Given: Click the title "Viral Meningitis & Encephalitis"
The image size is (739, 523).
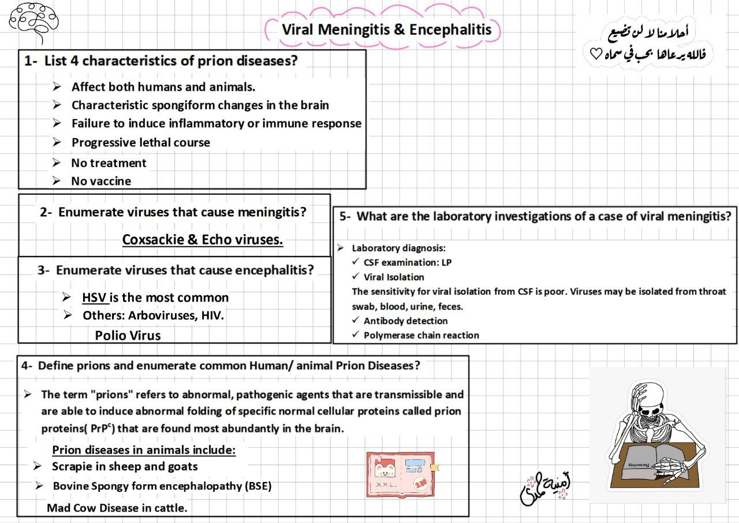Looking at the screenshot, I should tap(386, 29).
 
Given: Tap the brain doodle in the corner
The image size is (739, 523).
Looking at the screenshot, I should tap(33, 20).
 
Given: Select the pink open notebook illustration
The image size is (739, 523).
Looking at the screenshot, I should tap(401, 474).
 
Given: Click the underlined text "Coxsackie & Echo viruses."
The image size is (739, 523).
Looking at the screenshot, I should tap(203, 239).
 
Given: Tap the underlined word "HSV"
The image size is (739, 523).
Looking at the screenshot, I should tap(95, 298).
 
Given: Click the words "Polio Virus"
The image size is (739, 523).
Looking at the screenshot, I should tap(128, 335).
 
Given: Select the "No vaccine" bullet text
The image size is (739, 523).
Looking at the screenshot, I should tap(101, 181).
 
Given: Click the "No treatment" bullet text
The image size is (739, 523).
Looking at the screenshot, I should tap(109, 163).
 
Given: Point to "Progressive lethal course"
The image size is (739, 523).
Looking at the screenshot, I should tap(140, 142).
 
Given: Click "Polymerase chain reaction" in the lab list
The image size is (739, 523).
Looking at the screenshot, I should tap(421, 335).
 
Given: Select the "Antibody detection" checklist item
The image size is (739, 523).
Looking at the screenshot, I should tap(405, 321).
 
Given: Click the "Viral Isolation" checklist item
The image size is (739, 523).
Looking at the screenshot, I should tap(394, 277).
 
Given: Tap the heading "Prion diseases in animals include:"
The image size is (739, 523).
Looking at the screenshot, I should tap(144, 450).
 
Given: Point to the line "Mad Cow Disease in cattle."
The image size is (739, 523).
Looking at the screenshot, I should tap(117, 508).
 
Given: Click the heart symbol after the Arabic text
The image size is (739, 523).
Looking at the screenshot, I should tap(595, 54).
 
